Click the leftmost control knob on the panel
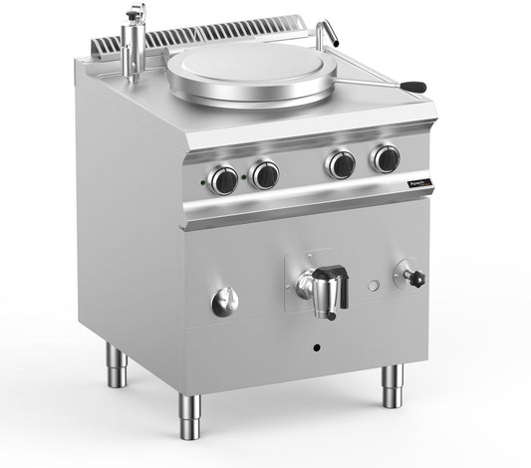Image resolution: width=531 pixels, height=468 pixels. point(224,179)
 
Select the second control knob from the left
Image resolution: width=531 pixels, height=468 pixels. point(264,175)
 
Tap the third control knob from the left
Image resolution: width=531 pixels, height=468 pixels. point(342,164)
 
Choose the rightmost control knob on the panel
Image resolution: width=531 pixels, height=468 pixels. point(386,158)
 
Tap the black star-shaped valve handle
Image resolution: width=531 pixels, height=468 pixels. point(416,277)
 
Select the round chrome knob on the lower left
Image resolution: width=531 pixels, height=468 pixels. point(225,301)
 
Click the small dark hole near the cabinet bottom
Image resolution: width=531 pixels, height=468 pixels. point(318,349)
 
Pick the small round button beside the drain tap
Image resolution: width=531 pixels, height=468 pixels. point(373,287)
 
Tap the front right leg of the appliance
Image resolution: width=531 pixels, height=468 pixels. point(393,386)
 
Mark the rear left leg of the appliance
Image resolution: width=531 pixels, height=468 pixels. point(117,365)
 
